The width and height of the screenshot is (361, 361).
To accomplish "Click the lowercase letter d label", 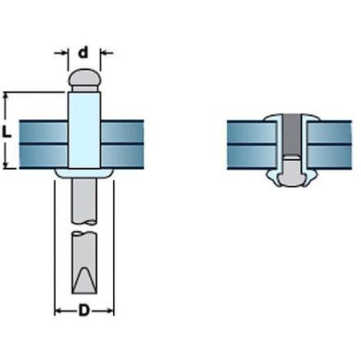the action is [83, 52].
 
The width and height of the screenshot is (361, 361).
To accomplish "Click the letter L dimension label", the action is [7, 132].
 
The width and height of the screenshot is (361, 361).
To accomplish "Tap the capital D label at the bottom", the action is [84, 310].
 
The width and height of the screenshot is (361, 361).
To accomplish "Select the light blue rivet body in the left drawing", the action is [84, 130].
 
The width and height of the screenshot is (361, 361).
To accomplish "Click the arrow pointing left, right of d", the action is [108, 53].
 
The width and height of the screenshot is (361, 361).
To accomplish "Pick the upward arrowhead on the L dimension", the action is [6, 97].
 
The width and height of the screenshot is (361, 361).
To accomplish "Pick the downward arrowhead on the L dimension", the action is [6, 164].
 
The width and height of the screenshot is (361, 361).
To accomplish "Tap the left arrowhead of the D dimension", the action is [58, 311].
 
